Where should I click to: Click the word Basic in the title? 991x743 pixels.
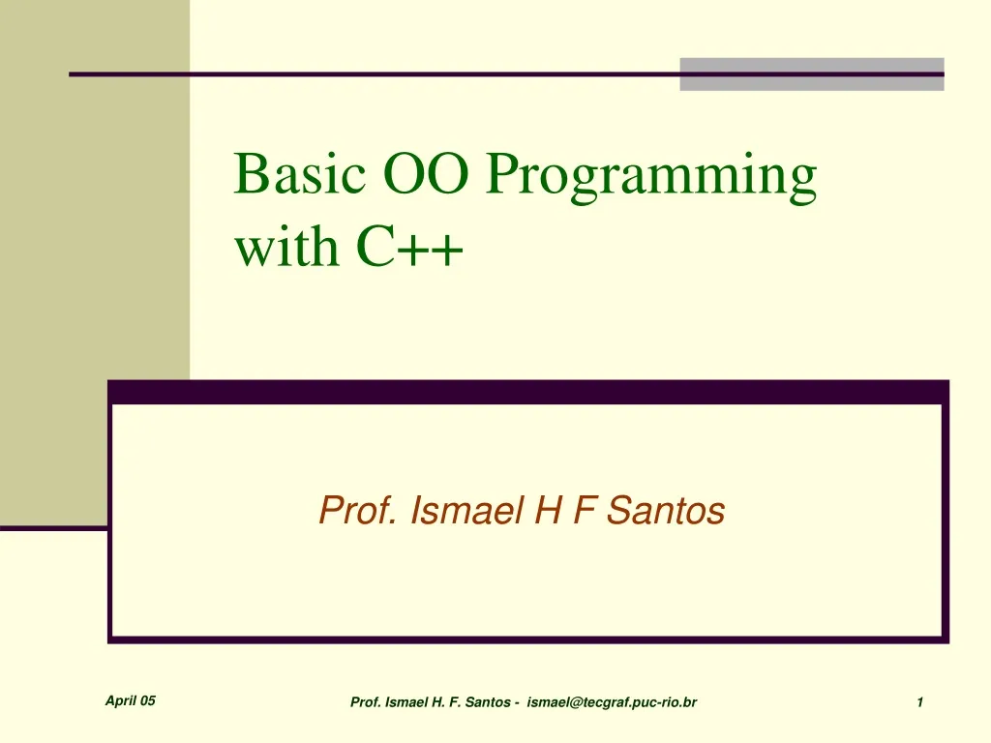tap(299, 175)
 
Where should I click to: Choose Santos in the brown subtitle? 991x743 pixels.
tap(666, 510)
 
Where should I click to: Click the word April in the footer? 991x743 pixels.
tap(120, 701)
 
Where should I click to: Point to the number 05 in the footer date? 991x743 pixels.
tap(147, 701)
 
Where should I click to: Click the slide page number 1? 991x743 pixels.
tap(920, 702)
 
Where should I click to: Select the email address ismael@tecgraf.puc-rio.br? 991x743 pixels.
tap(612, 702)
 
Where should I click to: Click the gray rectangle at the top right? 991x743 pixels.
tap(811, 74)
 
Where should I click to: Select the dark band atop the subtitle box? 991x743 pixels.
tap(527, 392)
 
